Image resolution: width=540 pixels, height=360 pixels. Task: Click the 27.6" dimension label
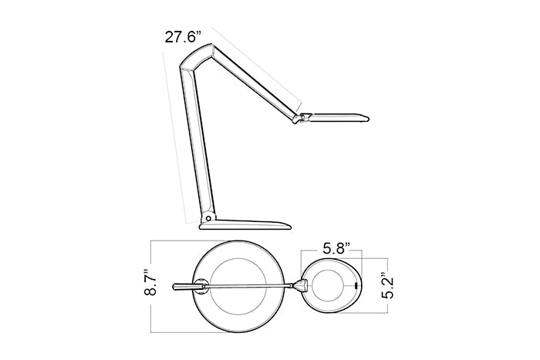[183, 37]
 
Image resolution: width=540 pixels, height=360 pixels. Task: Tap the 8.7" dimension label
[150, 282]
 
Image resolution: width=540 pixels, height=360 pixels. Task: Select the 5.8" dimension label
[336, 248]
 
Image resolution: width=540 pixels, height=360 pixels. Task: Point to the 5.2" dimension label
[390, 286]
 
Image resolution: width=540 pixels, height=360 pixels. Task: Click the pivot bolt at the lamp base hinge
[208, 218]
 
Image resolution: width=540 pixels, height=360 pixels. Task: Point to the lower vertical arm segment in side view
[196, 145]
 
